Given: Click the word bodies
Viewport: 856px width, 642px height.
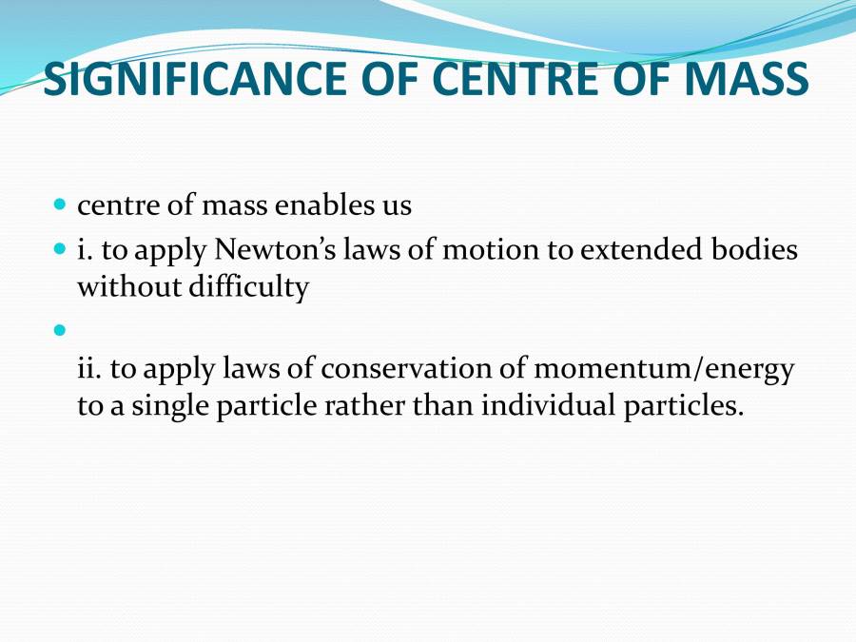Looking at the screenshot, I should click(757, 251).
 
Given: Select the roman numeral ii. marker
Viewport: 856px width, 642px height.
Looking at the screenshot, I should click(88, 369).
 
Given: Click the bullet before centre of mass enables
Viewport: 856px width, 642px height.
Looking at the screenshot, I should click(61, 204).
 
